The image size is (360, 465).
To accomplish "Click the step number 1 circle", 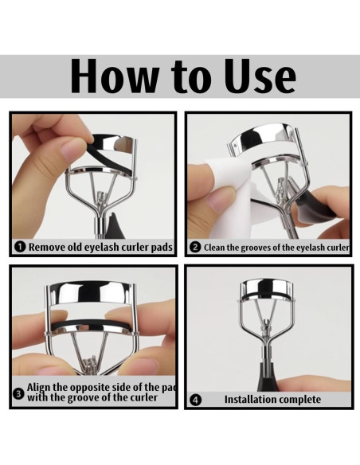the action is pyautogui.click(x=20, y=247).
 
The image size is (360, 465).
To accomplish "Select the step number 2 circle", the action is pyautogui.click(x=195, y=248).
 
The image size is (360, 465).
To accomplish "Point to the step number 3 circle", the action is pyautogui.click(x=18, y=394).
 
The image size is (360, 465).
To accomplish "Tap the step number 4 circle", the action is pyautogui.click(x=195, y=400).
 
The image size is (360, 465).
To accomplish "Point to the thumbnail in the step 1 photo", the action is pyautogui.click(x=72, y=150).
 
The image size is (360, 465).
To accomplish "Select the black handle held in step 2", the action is pyautogui.click(x=315, y=205).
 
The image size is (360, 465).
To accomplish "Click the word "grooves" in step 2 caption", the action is pyautogui.click(x=255, y=248).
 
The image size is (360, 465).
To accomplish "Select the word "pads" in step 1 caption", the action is pyautogui.click(x=162, y=247).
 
